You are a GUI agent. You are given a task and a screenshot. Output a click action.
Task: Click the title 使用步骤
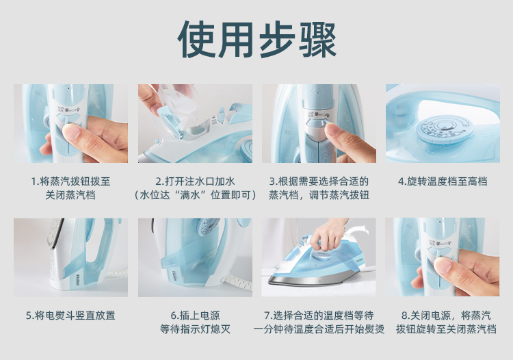click(x=256, y=40)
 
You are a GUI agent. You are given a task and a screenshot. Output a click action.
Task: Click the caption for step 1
click(x=70, y=188)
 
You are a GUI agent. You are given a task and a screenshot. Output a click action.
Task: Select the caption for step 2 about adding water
click(x=195, y=188)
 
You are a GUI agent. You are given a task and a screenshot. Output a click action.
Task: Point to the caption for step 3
click(x=319, y=188)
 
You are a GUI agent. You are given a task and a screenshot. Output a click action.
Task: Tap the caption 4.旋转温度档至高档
click(x=443, y=181)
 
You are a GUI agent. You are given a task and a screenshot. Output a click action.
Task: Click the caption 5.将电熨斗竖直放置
click(x=70, y=316)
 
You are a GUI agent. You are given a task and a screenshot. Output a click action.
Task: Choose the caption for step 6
click(x=195, y=322)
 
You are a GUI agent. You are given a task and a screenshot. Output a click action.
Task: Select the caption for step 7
click(x=319, y=322)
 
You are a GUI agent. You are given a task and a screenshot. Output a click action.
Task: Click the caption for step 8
click(x=446, y=322)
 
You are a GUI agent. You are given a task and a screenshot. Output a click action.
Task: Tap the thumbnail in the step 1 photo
click(x=71, y=133)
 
